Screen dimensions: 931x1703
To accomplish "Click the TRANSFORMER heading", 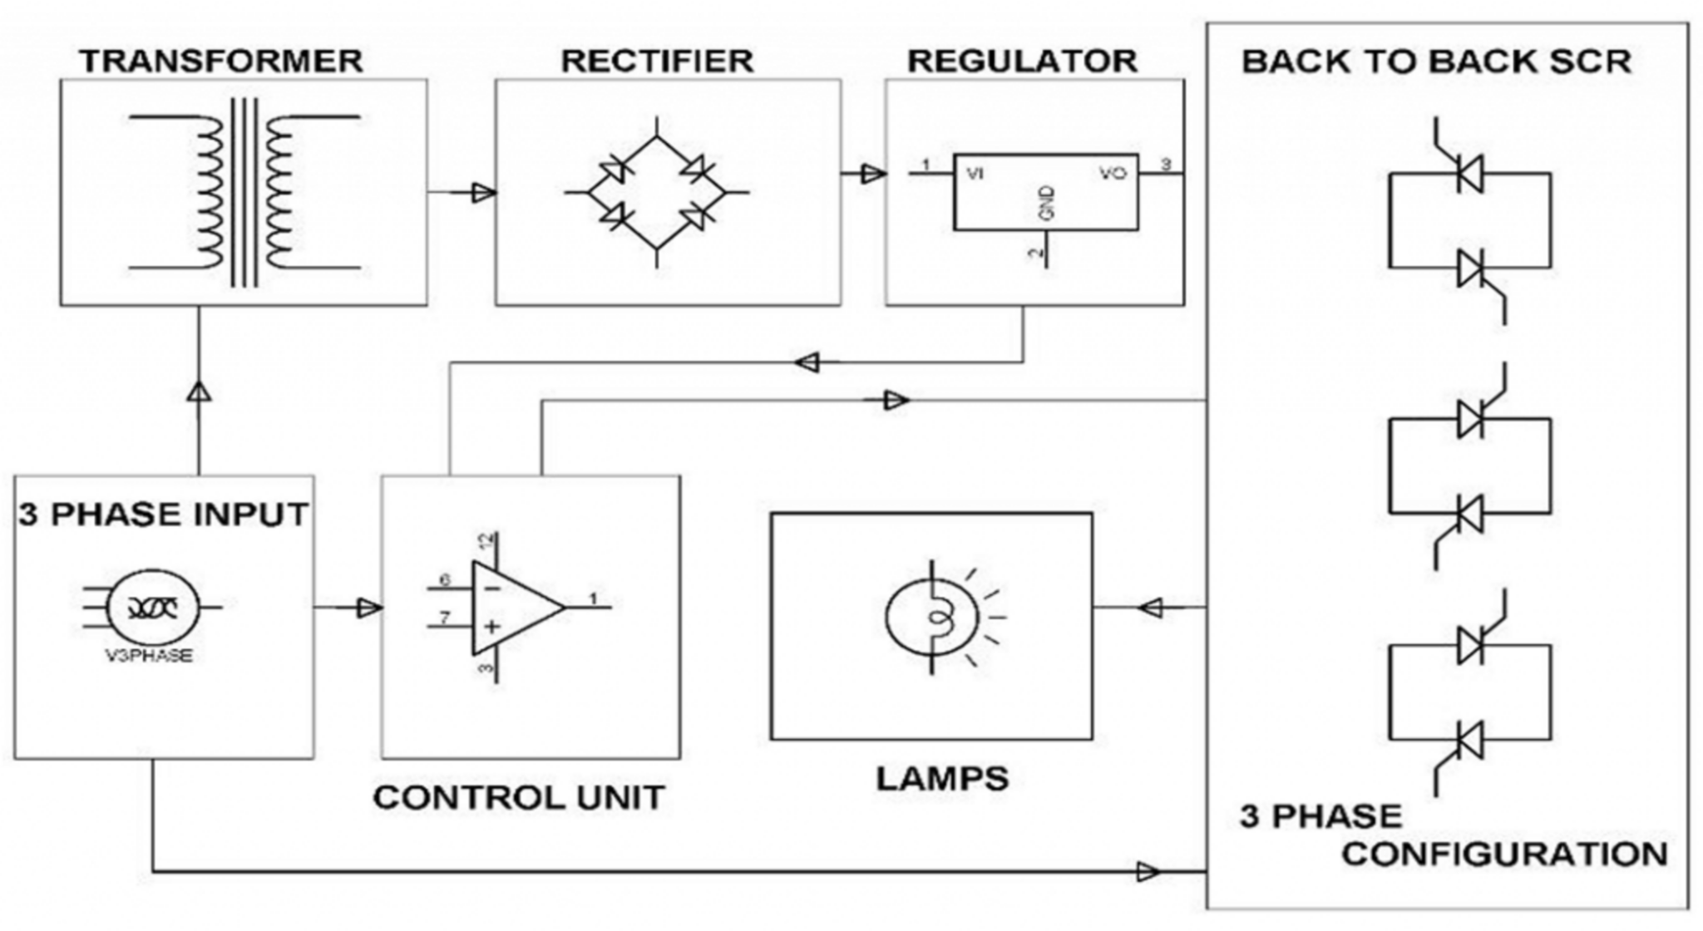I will (x=221, y=61).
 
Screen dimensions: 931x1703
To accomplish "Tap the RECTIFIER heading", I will (x=657, y=61).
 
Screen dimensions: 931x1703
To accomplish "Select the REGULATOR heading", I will (x=1022, y=61).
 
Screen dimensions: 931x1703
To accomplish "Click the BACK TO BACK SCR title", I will (x=1436, y=62).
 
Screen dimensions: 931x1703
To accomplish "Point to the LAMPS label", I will (x=942, y=779).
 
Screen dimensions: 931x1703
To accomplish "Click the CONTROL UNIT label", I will (x=519, y=798).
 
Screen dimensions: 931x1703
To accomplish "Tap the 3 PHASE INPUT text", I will (x=164, y=515).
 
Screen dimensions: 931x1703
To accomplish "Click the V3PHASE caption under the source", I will (x=150, y=656).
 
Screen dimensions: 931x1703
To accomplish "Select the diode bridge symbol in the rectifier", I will (x=657, y=193).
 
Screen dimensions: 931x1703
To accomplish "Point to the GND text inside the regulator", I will (x=1047, y=203).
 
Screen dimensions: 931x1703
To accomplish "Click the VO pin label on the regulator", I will (x=1113, y=173).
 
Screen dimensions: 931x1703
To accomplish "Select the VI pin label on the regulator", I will (x=975, y=174).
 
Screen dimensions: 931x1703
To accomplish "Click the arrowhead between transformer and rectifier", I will (x=482, y=193).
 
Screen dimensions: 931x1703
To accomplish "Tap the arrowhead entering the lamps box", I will (x=1152, y=608).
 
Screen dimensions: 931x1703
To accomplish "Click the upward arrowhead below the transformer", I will (x=199, y=392).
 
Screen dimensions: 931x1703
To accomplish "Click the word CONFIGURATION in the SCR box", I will (x=1504, y=854).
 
